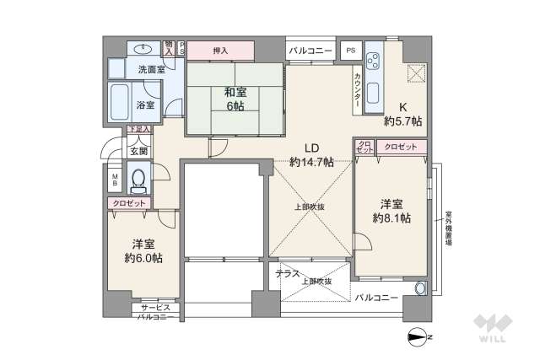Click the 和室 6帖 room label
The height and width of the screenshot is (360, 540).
[235, 98]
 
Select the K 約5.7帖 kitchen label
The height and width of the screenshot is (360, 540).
[403, 115]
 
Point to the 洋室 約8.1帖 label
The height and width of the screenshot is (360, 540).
[391, 211]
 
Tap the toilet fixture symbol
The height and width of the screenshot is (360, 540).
[138, 180]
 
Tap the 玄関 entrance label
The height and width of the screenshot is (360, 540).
[138, 152]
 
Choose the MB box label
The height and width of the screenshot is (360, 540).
[116, 180]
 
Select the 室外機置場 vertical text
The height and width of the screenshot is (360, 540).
[448, 226]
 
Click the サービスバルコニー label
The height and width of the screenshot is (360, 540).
[156, 312]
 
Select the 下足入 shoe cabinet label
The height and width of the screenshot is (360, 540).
[138, 130]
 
